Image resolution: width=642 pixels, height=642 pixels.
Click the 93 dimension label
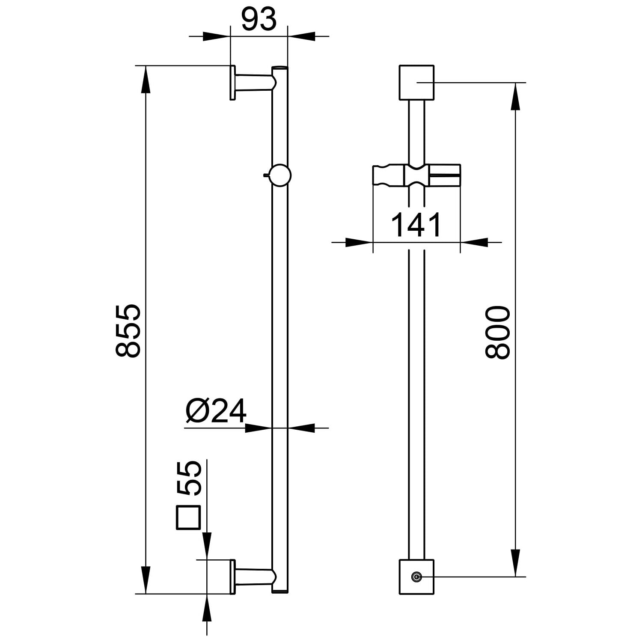(x=259, y=20)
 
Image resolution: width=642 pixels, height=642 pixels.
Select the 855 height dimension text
(x=128, y=330)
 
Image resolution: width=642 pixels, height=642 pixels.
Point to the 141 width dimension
(x=416, y=225)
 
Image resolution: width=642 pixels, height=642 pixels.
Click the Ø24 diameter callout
(x=216, y=411)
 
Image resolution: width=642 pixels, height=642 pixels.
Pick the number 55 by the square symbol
(x=189, y=479)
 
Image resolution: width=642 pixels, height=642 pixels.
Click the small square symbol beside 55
(x=188, y=518)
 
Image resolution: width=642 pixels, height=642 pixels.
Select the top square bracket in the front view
(x=416, y=83)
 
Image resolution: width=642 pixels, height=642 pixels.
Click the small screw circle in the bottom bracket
(x=415, y=577)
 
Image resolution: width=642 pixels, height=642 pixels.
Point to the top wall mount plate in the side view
(x=233, y=83)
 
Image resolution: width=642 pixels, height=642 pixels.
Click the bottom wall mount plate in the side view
(x=233, y=577)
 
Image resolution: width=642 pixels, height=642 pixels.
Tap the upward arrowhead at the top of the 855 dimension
(x=146, y=79)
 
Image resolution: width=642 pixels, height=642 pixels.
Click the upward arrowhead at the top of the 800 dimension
(x=516, y=96)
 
